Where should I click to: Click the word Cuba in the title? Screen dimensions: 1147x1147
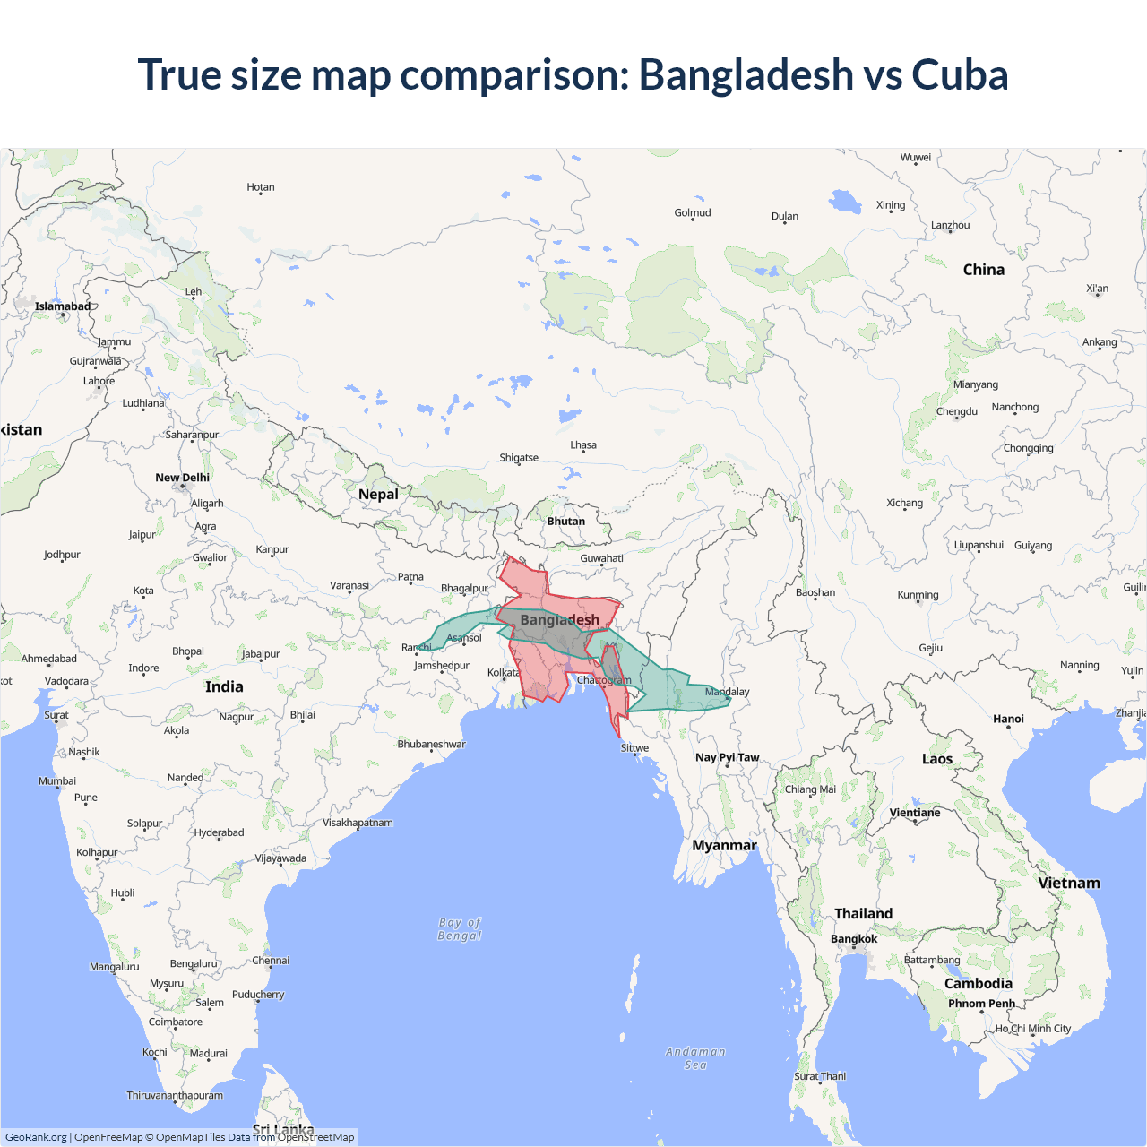pos(960,74)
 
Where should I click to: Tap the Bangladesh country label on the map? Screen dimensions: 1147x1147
pos(559,620)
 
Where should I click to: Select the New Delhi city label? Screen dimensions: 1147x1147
pos(182,478)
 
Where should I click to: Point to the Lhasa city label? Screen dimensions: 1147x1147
pos(583,444)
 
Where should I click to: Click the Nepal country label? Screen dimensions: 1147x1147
pos(378,494)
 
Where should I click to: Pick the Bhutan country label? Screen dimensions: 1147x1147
pos(566,521)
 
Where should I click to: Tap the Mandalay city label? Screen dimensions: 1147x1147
pos(727,692)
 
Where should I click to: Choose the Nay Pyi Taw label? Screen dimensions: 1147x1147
pos(727,757)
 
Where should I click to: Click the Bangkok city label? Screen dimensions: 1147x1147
pos(854,939)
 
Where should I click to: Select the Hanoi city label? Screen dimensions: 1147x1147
pos(1008,719)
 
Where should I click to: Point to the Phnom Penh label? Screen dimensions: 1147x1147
pos(981,1004)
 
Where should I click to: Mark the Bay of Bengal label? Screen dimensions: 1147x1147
pos(460,929)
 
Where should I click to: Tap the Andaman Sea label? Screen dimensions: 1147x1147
pos(695,1058)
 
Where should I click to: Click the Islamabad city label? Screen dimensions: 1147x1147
pos(63,306)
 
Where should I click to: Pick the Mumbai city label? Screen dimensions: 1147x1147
pos(57,781)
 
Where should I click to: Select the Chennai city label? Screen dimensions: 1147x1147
pos(271,961)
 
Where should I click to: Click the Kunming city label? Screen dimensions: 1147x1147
pos(918,595)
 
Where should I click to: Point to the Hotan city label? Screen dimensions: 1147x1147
pos(261,187)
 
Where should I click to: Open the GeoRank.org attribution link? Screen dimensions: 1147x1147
pos(36,1137)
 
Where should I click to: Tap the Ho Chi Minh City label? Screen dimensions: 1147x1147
pos(1033,1029)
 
